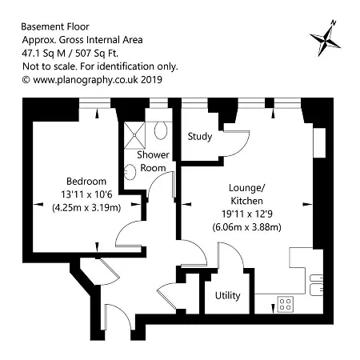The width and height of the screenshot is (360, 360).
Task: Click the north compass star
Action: point(325,40)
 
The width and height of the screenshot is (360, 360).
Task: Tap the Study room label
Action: point(200,137)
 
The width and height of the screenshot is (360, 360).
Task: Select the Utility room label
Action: point(227,295)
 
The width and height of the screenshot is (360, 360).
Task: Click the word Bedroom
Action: point(86,182)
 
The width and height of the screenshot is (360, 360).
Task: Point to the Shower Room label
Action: point(153,162)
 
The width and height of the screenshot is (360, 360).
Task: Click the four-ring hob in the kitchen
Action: point(286,304)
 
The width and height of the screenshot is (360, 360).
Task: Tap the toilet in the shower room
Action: point(161,130)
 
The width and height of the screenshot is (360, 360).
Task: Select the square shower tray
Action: point(134,135)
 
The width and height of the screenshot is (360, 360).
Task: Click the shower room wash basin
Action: point(130,172)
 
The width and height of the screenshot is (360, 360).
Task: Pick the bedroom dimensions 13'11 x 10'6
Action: point(86,194)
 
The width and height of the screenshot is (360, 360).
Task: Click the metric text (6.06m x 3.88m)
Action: point(246,227)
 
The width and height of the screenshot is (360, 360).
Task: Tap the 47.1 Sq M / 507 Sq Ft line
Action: point(70,54)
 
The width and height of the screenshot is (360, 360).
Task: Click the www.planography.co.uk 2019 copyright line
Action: point(92,80)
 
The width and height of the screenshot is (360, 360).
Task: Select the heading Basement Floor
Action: point(55,26)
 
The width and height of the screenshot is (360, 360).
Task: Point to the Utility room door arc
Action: point(237,250)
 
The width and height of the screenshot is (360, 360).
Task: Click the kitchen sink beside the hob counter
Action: point(316,285)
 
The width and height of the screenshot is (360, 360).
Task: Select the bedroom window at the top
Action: point(95,103)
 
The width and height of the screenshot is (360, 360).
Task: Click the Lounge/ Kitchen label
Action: point(246,194)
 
